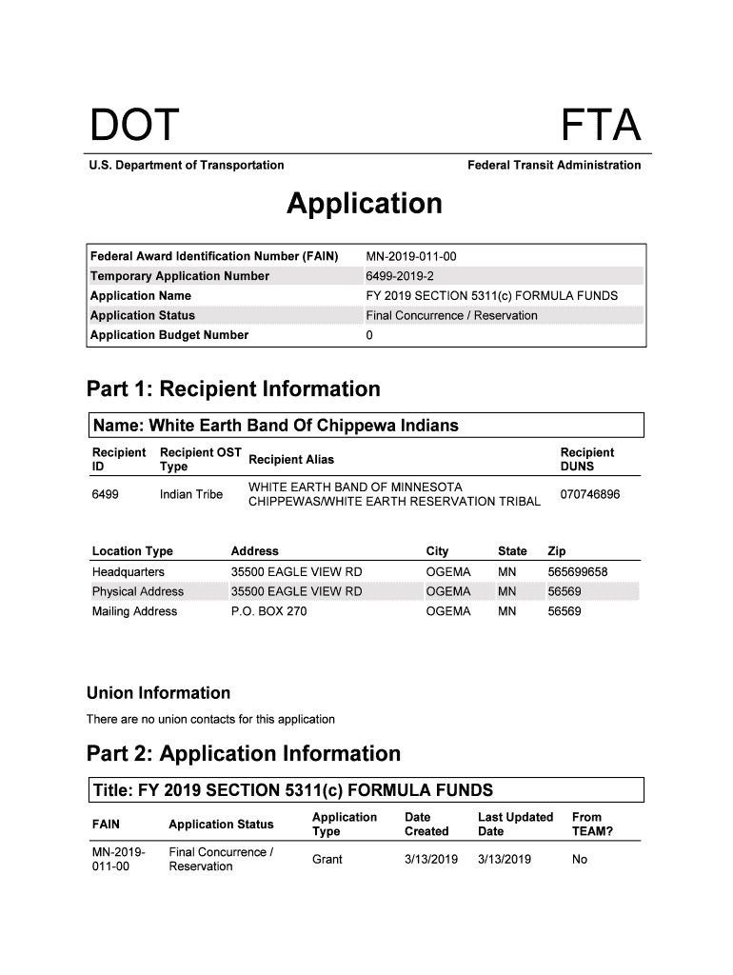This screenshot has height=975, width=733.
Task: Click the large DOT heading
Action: (133, 126)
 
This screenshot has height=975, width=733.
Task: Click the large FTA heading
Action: (600, 126)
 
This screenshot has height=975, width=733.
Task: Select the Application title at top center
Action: (365, 204)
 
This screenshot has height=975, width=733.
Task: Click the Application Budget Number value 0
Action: (369, 335)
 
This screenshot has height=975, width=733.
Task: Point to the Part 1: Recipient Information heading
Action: (233, 389)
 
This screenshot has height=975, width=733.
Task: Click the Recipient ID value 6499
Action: (105, 494)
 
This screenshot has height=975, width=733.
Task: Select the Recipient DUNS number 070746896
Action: (590, 494)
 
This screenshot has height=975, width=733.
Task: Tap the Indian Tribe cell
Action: (191, 494)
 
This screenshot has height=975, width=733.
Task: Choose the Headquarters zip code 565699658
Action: (578, 572)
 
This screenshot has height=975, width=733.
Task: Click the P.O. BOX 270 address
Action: (269, 611)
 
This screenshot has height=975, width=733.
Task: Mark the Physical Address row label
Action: (138, 591)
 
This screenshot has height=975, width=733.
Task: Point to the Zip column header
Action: (557, 551)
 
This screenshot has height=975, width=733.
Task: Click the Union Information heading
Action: (158, 693)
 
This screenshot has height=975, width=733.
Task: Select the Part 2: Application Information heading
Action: (244, 754)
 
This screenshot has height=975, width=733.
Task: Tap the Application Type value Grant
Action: (327, 859)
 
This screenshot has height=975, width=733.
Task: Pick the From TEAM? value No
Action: (580, 859)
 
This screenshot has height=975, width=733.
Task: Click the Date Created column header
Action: (426, 824)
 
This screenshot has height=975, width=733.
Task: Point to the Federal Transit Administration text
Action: (554, 166)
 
